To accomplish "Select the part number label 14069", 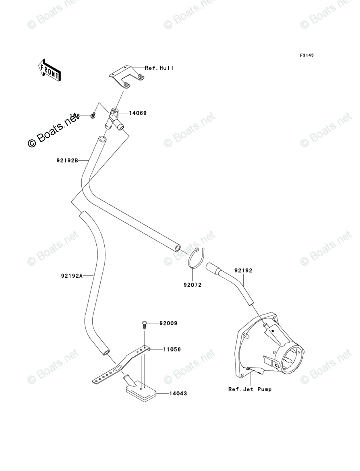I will (137, 113).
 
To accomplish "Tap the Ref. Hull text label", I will (159, 68).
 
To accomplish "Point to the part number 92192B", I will (67, 160).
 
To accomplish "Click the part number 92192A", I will (72, 276).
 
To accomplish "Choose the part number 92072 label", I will (192, 285).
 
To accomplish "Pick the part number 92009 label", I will (168, 323).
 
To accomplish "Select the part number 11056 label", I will (172, 349).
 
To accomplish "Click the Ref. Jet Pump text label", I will (250, 389).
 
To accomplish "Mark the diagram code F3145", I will (306, 55).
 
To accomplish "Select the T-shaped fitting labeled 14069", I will (114, 120).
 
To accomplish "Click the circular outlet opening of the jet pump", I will (290, 357).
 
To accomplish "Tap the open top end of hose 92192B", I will (102, 140).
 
